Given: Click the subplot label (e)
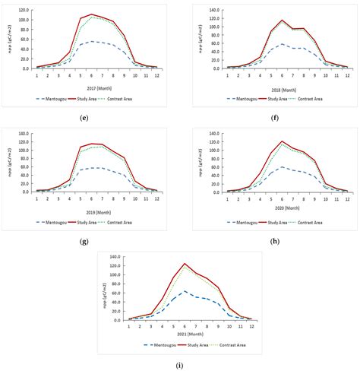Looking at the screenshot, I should (90, 116).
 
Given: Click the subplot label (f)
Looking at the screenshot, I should (270, 116).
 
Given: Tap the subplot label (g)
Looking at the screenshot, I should (90, 240).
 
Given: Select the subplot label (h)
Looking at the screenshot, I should (270, 240).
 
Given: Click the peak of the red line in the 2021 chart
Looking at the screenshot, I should (184, 264).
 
